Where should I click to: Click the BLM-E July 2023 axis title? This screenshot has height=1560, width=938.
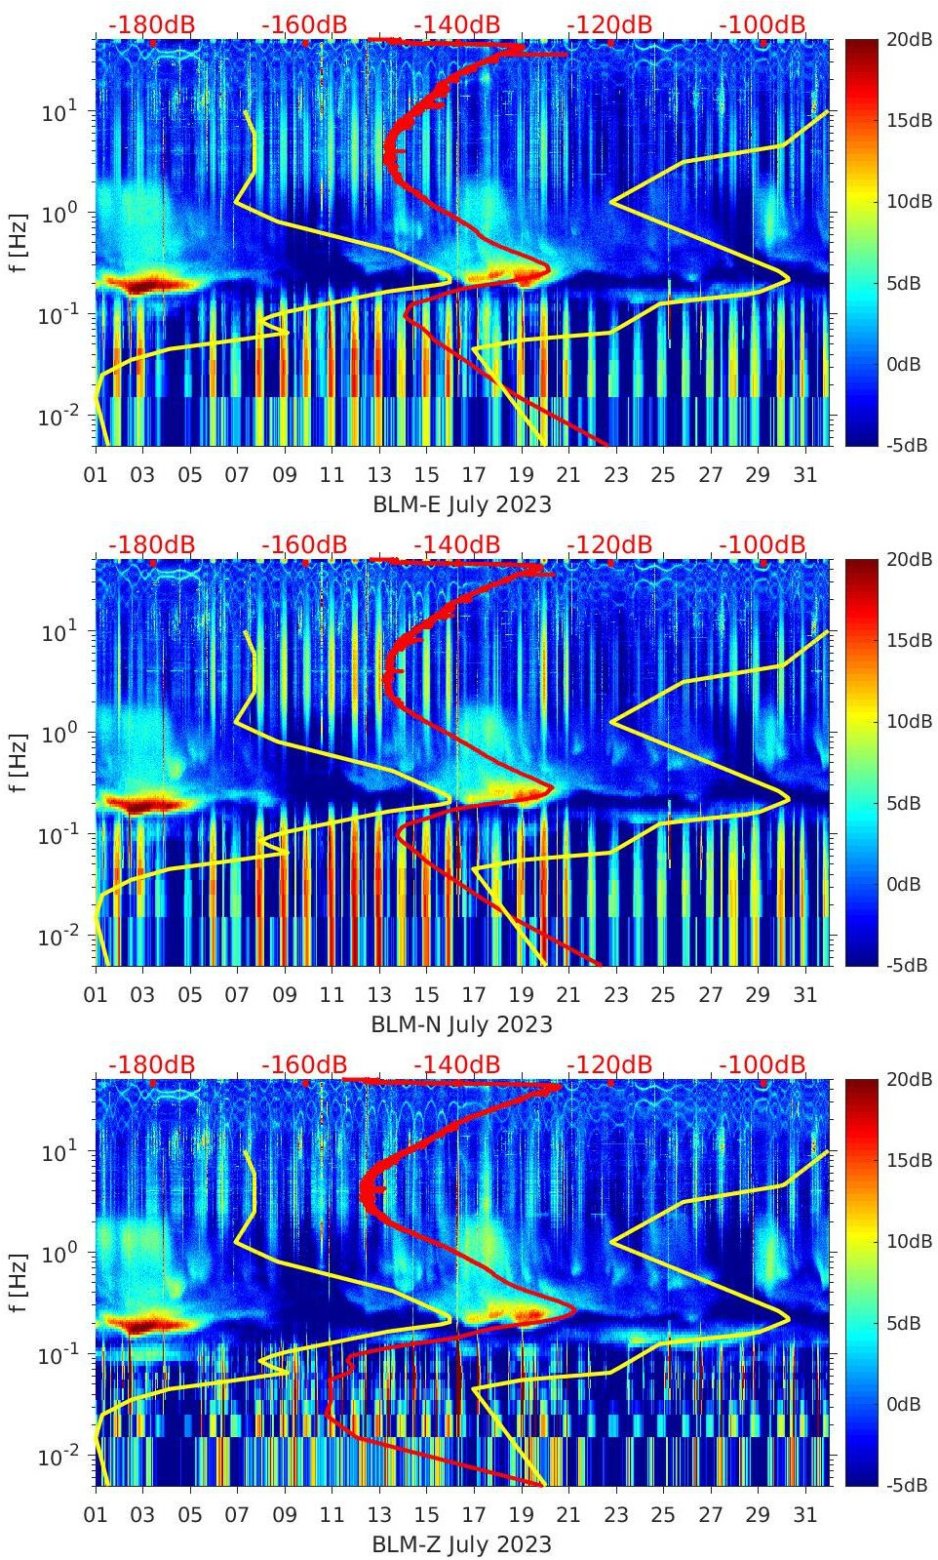[461, 504]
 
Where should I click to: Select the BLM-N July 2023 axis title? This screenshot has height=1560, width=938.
[461, 1024]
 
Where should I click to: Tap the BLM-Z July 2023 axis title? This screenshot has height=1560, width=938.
[461, 1544]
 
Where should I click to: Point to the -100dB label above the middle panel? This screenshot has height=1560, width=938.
[762, 545]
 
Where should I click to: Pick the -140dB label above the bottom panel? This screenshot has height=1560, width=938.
[457, 1065]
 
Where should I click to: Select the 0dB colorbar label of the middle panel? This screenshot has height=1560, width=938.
[903, 884]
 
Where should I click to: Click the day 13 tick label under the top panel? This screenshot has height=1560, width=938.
[378, 475]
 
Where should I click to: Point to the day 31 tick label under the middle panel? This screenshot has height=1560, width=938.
[804, 995]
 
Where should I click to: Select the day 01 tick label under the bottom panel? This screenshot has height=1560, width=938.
[96, 1515]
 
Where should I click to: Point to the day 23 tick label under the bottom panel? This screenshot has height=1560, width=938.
[615, 1515]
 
